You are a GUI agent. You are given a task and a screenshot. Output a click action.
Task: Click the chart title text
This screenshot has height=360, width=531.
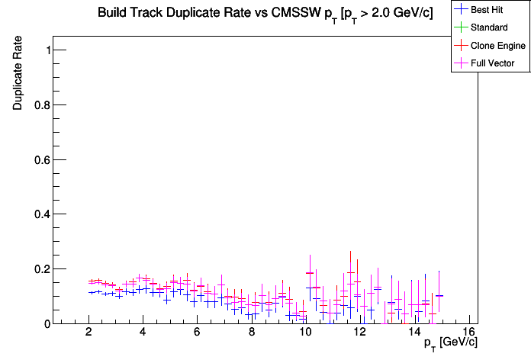[x=265, y=14]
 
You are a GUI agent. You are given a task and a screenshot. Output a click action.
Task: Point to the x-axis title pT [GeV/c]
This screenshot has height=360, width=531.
[x=451, y=342]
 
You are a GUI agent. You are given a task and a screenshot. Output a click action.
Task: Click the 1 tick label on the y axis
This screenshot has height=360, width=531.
[x=47, y=50]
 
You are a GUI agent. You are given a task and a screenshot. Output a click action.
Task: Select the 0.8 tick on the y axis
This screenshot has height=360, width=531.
[x=41, y=105]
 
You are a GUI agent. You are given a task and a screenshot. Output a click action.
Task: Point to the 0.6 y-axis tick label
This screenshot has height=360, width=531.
[x=41, y=160]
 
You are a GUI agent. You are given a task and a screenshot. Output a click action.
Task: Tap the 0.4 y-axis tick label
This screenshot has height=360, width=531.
[x=41, y=214]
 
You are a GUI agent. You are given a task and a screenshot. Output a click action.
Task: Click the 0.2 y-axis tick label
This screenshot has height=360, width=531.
[x=41, y=269]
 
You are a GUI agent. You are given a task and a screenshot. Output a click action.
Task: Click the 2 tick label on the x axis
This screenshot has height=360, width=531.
[x=89, y=333]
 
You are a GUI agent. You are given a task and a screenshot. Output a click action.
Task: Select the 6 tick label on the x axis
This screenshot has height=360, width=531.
[x=197, y=333]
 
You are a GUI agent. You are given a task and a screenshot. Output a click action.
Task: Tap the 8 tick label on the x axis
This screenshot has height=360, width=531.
[x=251, y=333]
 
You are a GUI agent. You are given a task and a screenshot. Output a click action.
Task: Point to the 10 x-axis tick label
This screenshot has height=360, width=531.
[x=305, y=333]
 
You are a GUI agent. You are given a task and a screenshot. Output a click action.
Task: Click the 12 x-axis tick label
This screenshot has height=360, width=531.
[x=359, y=333]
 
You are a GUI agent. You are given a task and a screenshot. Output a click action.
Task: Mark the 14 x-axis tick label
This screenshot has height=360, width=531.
[x=414, y=333]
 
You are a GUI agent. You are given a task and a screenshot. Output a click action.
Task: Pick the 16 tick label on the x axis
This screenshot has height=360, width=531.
[x=468, y=333]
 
